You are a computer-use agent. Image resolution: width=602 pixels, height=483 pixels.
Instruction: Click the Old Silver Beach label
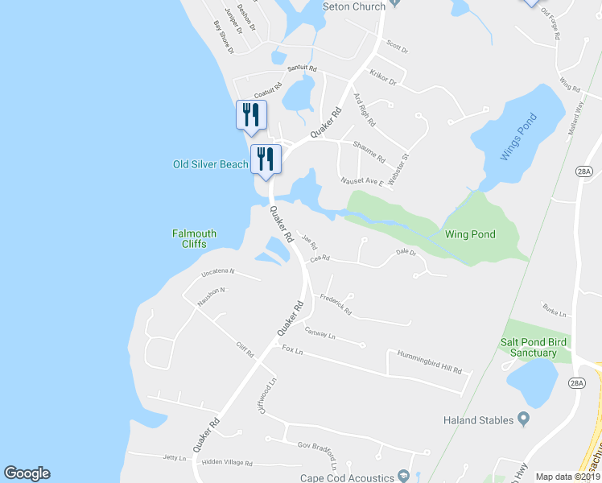coord(210,164)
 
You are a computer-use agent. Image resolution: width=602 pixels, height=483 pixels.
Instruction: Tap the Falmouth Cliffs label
coord(194,239)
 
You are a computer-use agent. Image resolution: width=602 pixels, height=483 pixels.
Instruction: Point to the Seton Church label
coord(354,6)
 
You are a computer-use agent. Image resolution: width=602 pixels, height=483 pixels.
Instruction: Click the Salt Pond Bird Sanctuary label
coord(534,348)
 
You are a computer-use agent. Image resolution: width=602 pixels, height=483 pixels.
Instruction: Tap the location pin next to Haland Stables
coord(523,418)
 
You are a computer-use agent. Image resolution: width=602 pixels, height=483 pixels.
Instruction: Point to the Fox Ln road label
coord(293,350)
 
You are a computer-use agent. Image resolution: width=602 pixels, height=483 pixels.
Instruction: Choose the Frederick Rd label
coord(336,304)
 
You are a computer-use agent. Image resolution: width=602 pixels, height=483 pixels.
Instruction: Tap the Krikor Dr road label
coord(382,78)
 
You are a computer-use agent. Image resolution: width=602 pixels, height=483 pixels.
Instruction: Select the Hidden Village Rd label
coord(227,463)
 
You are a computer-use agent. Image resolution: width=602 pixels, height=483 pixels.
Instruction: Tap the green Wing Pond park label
coord(470,234)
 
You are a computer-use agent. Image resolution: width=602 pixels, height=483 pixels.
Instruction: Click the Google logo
coord(27,473)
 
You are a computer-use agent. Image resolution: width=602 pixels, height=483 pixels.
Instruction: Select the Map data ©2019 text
coord(567,477)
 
